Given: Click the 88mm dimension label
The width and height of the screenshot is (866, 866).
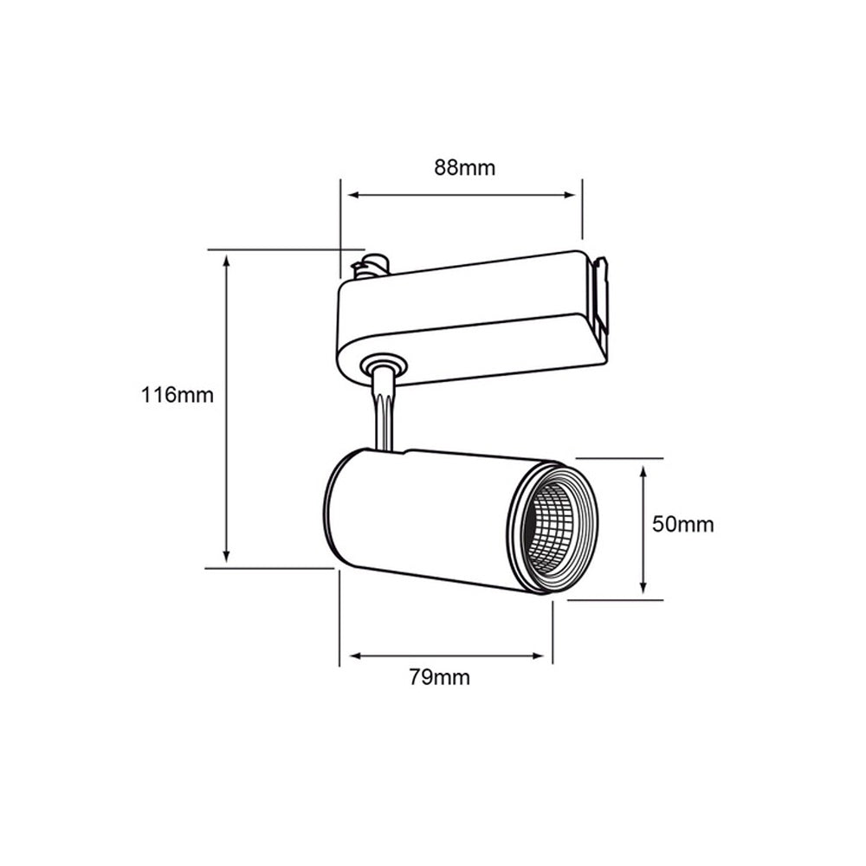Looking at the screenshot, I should (x=464, y=167).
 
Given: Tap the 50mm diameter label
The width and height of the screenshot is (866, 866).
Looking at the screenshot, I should (x=683, y=524).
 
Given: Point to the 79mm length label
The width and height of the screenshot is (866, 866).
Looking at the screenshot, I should (x=439, y=677).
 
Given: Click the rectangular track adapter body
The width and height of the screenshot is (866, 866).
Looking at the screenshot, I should (x=468, y=320).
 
